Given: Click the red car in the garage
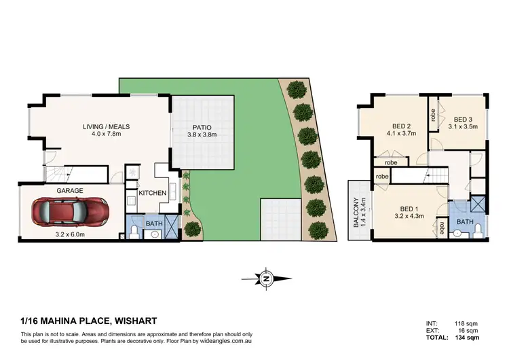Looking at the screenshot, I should [74, 213].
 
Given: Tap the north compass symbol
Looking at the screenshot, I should [267, 278].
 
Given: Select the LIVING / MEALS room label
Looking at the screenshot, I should [107, 127].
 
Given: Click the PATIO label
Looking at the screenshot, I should [202, 127].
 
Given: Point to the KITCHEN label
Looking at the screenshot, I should [153, 194].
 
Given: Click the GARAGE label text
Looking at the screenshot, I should [70, 191].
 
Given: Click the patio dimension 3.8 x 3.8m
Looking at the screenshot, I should [202, 134].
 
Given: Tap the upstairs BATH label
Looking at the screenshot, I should [465, 221].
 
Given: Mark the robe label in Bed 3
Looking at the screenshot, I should [433, 115].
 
